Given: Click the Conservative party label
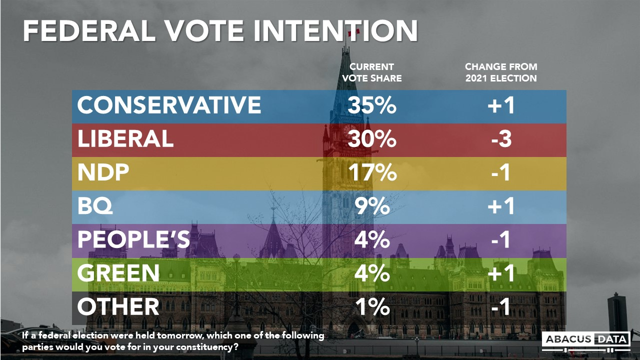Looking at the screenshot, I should pyautogui.click(x=169, y=105).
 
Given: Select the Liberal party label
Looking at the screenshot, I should pyautogui.click(x=125, y=139).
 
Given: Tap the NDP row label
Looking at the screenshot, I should pyautogui.click(x=103, y=172).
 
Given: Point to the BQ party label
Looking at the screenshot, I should pyautogui.click(x=95, y=206).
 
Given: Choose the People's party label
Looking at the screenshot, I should pyautogui.click(x=133, y=239).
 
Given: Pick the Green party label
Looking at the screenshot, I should pyautogui.click(x=118, y=273).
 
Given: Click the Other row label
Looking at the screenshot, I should pyautogui.click(x=118, y=306).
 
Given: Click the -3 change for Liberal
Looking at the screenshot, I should pyautogui.click(x=500, y=139).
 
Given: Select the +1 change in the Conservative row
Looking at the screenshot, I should pyautogui.click(x=500, y=105).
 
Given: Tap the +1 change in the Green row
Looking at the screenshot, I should pyautogui.click(x=500, y=273).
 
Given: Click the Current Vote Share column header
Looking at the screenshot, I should pyautogui.click(x=375, y=72).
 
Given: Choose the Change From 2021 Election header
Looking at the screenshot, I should pyautogui.click(x=500, y=72).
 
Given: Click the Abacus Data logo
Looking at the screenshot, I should pyautogui.click(x=585, y=339).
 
